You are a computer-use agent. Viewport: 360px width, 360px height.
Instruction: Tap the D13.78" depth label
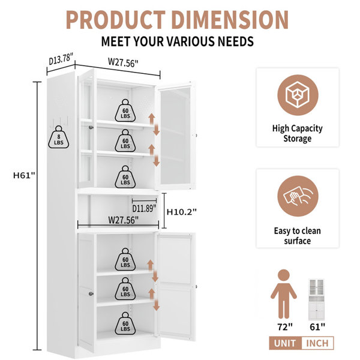(61, 59)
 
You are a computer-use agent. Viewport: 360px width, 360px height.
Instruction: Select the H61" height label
(24, 175)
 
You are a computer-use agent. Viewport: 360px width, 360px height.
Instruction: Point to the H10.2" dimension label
(181, 212)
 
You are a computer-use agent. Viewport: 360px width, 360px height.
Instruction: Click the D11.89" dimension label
(145, 208)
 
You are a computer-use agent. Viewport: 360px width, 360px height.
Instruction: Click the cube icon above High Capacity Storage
(298, 95)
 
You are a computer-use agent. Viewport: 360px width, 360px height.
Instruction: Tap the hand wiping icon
(298, 196)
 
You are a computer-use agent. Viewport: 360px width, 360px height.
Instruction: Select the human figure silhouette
(284, 294)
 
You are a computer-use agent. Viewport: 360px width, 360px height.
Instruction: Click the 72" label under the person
(285, 327)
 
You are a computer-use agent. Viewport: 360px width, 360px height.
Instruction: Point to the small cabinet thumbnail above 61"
(316, 299)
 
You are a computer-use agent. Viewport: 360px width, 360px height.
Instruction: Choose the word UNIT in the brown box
(285, 343)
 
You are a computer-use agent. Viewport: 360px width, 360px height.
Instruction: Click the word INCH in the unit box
(317, 343)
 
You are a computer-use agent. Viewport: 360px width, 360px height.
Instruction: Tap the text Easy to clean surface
(298, 236)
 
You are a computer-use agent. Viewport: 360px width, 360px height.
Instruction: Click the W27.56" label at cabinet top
(123, 62)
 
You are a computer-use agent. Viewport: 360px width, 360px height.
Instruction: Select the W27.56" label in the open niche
(123, 220)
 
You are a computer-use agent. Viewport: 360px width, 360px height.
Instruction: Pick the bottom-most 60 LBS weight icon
(125, 323)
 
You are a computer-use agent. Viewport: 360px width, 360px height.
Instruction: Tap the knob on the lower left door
(91, 293)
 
